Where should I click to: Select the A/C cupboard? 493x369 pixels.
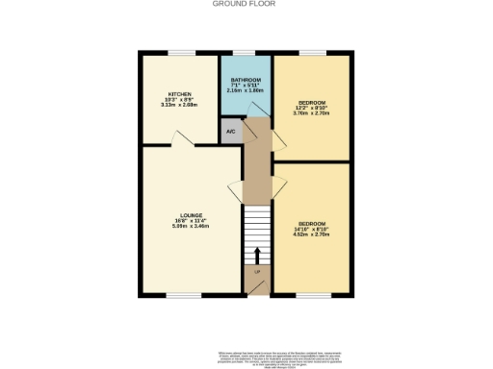(231, 132)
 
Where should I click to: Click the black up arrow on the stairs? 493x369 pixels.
(256, 254)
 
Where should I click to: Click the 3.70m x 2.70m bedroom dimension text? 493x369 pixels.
(311, 112)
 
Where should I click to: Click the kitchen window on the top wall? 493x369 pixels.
(182, 52)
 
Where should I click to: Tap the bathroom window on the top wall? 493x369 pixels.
(246, 52)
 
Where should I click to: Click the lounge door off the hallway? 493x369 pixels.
(234, 186)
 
